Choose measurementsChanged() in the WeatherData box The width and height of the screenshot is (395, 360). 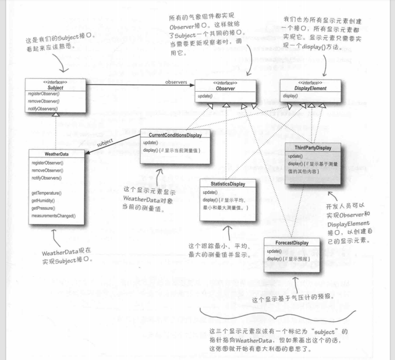53,216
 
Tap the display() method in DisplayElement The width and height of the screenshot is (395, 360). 291,95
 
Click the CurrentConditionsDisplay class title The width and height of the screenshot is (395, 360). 175,134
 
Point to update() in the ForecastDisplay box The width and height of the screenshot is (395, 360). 273,251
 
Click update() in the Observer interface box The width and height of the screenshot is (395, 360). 204,95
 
